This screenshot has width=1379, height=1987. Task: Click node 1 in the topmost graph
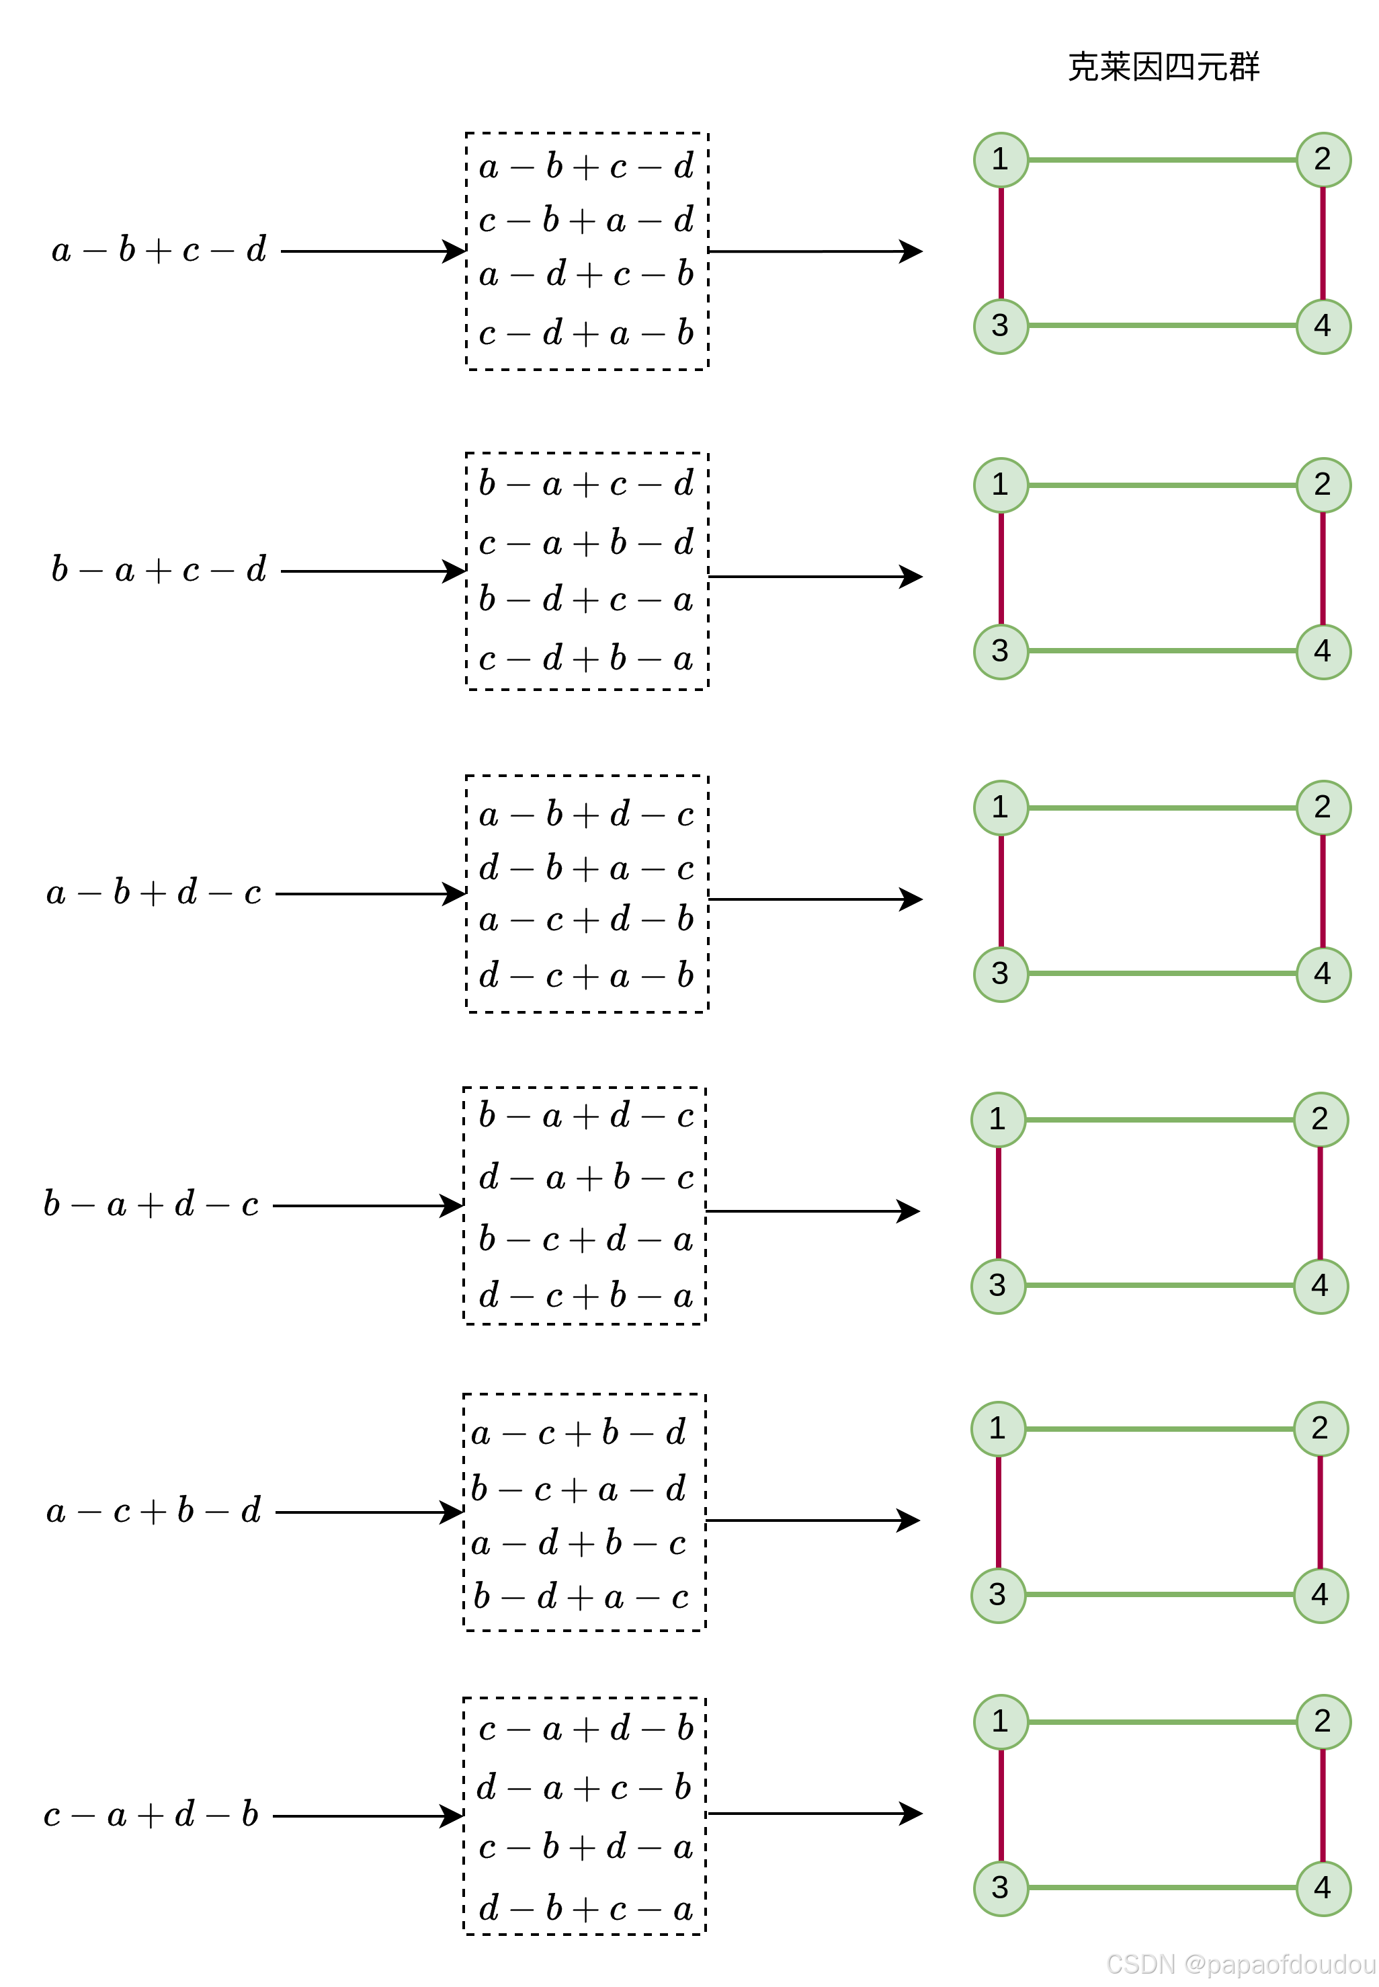(1001, 160)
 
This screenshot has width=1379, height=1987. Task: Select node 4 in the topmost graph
(1323, 327)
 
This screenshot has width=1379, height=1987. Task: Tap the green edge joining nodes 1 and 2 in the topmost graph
(1162, 160)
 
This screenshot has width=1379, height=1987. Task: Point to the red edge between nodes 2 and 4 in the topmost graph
(1323, 243)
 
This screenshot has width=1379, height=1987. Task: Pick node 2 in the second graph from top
(1323, 485)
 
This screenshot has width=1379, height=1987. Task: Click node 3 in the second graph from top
(1001, 651)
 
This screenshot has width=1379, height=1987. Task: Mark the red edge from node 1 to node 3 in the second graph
(1001, 568)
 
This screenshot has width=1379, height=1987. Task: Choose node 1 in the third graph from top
(1001, 808)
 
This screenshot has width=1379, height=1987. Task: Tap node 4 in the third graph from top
(1323, 975)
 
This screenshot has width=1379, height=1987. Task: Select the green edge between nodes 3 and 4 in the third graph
(1162, 974)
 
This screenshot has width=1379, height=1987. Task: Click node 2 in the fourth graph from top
(1321, 1120)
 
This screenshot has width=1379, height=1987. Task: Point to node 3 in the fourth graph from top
(998, 1286)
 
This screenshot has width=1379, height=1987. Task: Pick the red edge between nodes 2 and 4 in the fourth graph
(1321, 1203)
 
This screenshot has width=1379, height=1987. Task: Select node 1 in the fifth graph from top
(998, 1428)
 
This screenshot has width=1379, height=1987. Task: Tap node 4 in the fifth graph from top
(1321, 1594)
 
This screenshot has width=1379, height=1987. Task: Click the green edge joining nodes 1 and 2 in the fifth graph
(1159, 1428)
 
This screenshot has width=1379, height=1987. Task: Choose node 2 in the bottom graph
(1323, 1721)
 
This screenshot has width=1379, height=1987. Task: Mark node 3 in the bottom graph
(1001, 1888)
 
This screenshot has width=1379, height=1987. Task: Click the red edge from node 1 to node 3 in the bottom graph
(1001, 1805)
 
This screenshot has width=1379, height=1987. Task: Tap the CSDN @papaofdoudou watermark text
(1239, 1963)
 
